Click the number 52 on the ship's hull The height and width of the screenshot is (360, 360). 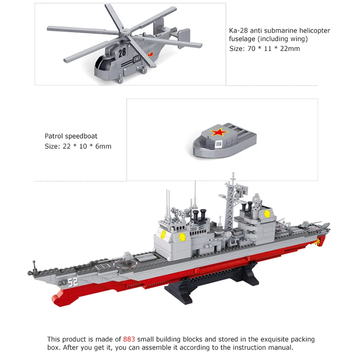[x=73, y=283]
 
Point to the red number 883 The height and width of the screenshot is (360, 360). [x=129, y=339]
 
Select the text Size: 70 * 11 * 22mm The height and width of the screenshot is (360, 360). [x=265, y=49]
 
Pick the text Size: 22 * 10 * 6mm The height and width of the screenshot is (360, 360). [x=78, y=146]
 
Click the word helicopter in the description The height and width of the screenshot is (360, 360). [x=314, y=31]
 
